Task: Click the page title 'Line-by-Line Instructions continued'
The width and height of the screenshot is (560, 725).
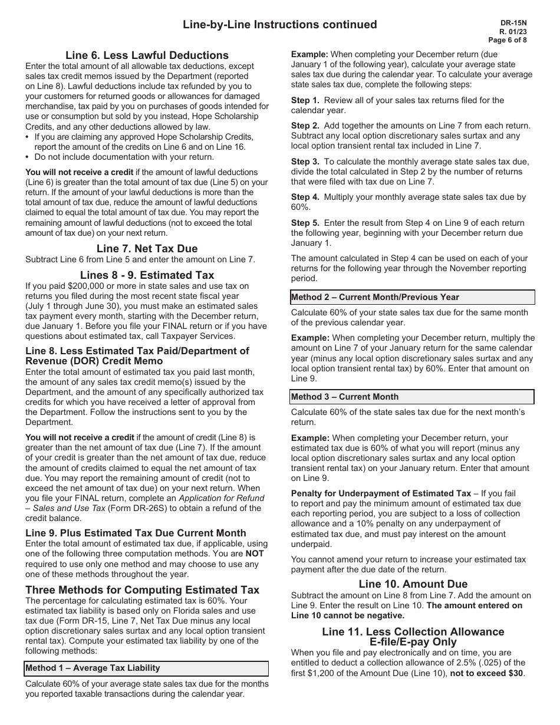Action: [279, 24]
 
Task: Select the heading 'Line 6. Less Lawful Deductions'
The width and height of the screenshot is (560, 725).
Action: [147, 55]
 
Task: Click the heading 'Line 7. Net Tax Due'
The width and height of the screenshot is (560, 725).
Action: [147, 248]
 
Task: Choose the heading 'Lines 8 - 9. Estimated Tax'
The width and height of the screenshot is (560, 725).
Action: [147, 275]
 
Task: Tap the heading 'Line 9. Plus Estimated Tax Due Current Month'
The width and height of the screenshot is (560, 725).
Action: [136, 533]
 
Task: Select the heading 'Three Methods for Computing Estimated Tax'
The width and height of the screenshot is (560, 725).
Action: [142, 589]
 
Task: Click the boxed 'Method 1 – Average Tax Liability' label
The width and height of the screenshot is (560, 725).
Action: [93, 668]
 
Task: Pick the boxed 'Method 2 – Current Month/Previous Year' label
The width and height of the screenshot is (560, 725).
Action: [375, 297]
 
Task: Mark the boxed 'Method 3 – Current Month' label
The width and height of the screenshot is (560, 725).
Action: [345, 397]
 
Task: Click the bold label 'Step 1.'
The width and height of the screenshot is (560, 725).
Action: [305, 100]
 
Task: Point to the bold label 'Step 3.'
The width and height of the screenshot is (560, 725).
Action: [305, 162]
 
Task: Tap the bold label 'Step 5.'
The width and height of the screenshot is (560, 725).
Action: [305, 223]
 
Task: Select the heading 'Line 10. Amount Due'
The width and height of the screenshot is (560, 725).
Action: [413, 584]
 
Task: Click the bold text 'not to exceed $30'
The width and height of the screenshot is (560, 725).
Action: [486, 674]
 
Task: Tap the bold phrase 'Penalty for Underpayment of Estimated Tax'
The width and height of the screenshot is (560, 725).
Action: [381, 493]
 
